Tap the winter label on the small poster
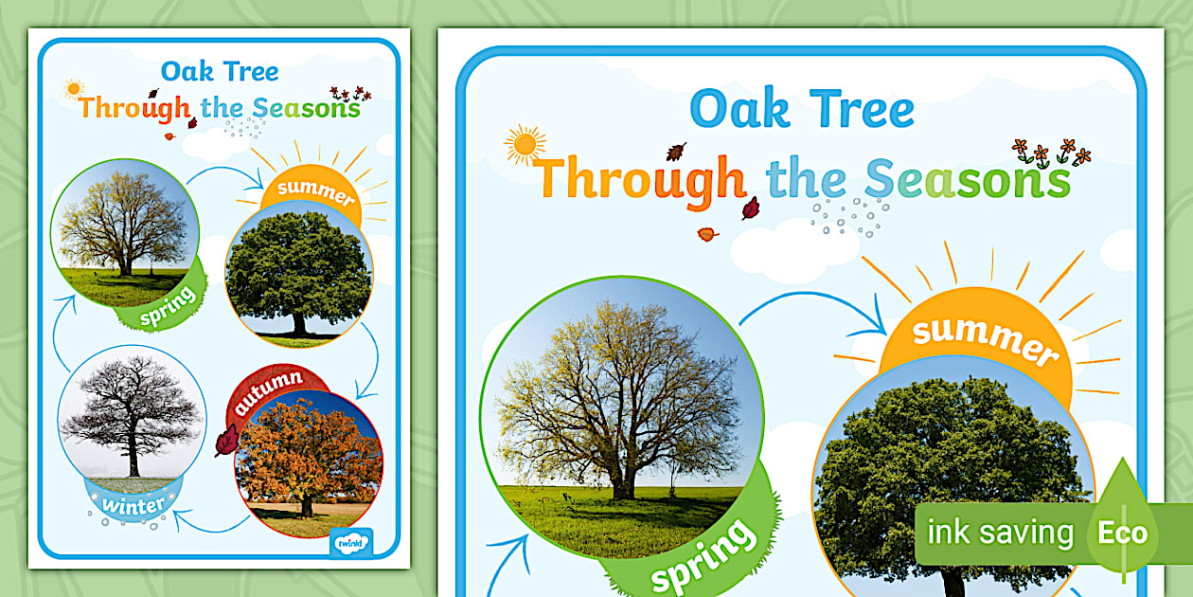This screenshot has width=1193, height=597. [x=134, y=504]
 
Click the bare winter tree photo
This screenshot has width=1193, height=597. [x=131, y=413]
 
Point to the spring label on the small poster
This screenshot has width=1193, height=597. [x=169, y=305]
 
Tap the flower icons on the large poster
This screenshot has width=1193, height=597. [x=1050, y=153]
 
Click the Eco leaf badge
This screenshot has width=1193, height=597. [x=1123, y=532]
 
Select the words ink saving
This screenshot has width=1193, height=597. [x=1000, y=533]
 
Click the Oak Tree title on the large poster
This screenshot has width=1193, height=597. [x=802, y=108]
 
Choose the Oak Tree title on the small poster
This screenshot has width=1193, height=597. [x=219, y=71]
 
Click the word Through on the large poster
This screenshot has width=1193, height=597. [x=640, y=178]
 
